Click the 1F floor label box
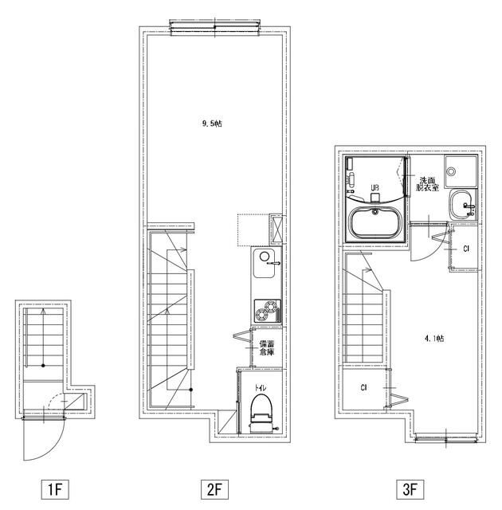(x=55, y=488)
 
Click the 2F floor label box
(x=214, y=488)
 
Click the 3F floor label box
(x=410, y=488)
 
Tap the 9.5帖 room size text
(x=212, y=124)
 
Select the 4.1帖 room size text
(x=434, y=339)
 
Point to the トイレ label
(x=261, y=388)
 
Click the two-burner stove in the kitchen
(x=267, y=311)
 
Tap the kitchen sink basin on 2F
(x=264, y=263)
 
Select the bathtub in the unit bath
(x=375, y=223)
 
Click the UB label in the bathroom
(x=375, y=188)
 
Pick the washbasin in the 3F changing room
(x=461, y=205)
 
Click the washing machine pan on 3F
(x=461, y=171)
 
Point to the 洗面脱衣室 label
(x=427, y=184)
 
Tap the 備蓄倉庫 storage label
(x=267, y=347)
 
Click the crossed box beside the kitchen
(x=276, y=229)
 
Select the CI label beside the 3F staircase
(x=364, y=388)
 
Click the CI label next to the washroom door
(x=466, y=249)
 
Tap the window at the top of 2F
(x=215, y=27)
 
